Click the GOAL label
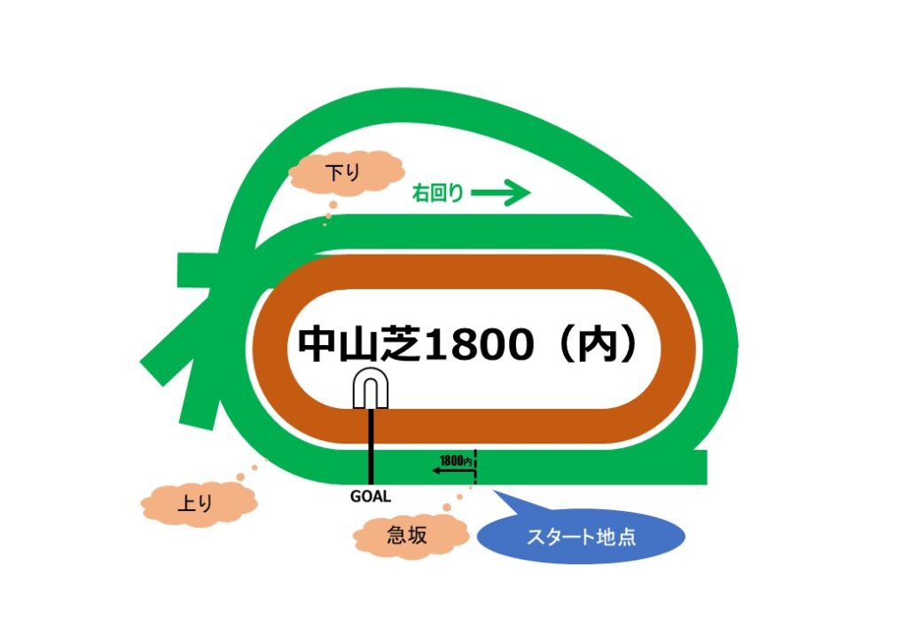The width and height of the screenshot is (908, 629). tap(371, 497)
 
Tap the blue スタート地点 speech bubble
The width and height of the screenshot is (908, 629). tap(581, 537)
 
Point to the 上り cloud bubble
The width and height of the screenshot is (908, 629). tap(198, 504)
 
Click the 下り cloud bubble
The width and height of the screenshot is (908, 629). tap(345, 171)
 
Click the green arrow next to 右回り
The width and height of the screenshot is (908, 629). tap(500, 193)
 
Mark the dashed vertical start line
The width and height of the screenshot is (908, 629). tap(475, 467)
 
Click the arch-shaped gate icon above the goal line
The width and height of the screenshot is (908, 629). tap(370, 389)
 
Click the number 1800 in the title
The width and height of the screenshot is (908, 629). tap(480, 345)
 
